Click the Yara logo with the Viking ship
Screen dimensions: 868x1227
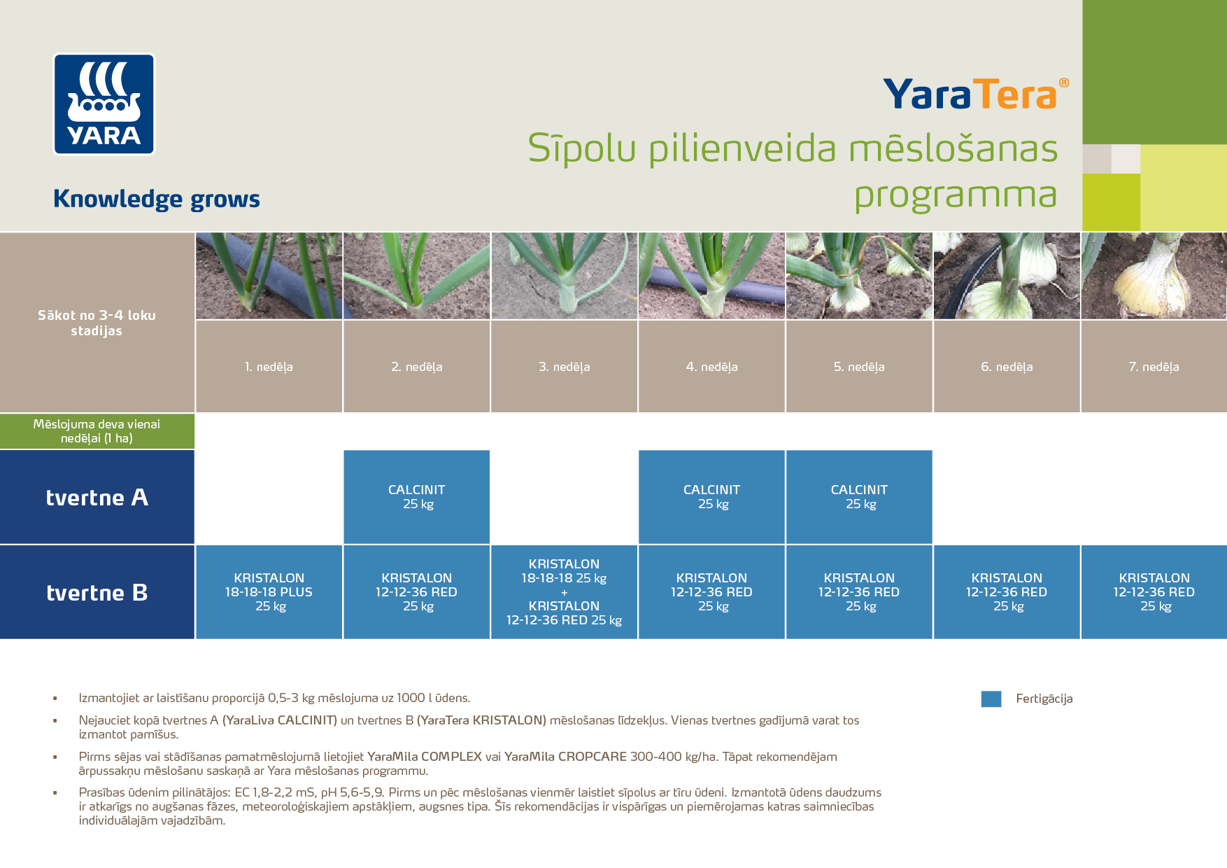tap(104, 104)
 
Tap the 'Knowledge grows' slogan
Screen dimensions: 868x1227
tap(157, 199)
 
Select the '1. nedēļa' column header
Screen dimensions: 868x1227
tap(269, 367)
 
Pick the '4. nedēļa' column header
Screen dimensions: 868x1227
tap(711, 367)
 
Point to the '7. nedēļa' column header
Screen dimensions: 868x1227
tap(1154, 367)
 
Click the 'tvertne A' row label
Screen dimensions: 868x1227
tap(97, 497)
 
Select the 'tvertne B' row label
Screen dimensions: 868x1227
tap(97, 592)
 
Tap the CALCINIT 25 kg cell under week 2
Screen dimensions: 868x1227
tap(417, 497)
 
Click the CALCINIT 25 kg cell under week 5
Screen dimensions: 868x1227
tap(859, 497)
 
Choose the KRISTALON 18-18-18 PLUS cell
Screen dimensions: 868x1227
tap(269, 592)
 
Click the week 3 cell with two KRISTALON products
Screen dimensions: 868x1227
tap(564, 592)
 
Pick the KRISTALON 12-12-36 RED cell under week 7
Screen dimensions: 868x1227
tap(1154, 592)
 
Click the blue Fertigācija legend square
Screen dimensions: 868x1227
tap(991, 699)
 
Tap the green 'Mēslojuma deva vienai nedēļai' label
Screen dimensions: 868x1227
tap(97, 431)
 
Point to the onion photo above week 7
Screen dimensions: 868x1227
tap(1154, 276)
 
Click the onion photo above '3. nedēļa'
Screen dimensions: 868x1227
tap(564, 276)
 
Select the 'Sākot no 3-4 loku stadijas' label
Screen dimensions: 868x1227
tap(97, 323)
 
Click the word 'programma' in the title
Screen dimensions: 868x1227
tap(955, 195)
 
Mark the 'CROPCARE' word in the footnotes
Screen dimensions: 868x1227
tap(592, 757)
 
